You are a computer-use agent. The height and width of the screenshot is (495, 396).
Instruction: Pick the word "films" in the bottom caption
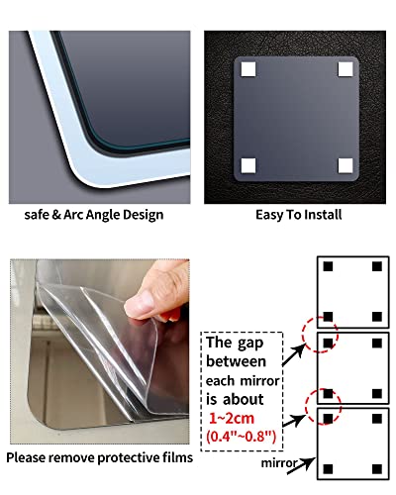[x=175, y=457]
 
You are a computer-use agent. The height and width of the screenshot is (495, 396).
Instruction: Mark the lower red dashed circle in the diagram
[x=324, y=407]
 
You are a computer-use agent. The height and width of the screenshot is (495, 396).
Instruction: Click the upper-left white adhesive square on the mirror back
[x=247, y=69]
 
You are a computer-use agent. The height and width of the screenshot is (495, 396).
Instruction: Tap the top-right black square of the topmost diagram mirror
[x=377, y=266]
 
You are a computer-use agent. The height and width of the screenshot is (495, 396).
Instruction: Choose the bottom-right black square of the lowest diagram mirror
[x=377, y=466]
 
